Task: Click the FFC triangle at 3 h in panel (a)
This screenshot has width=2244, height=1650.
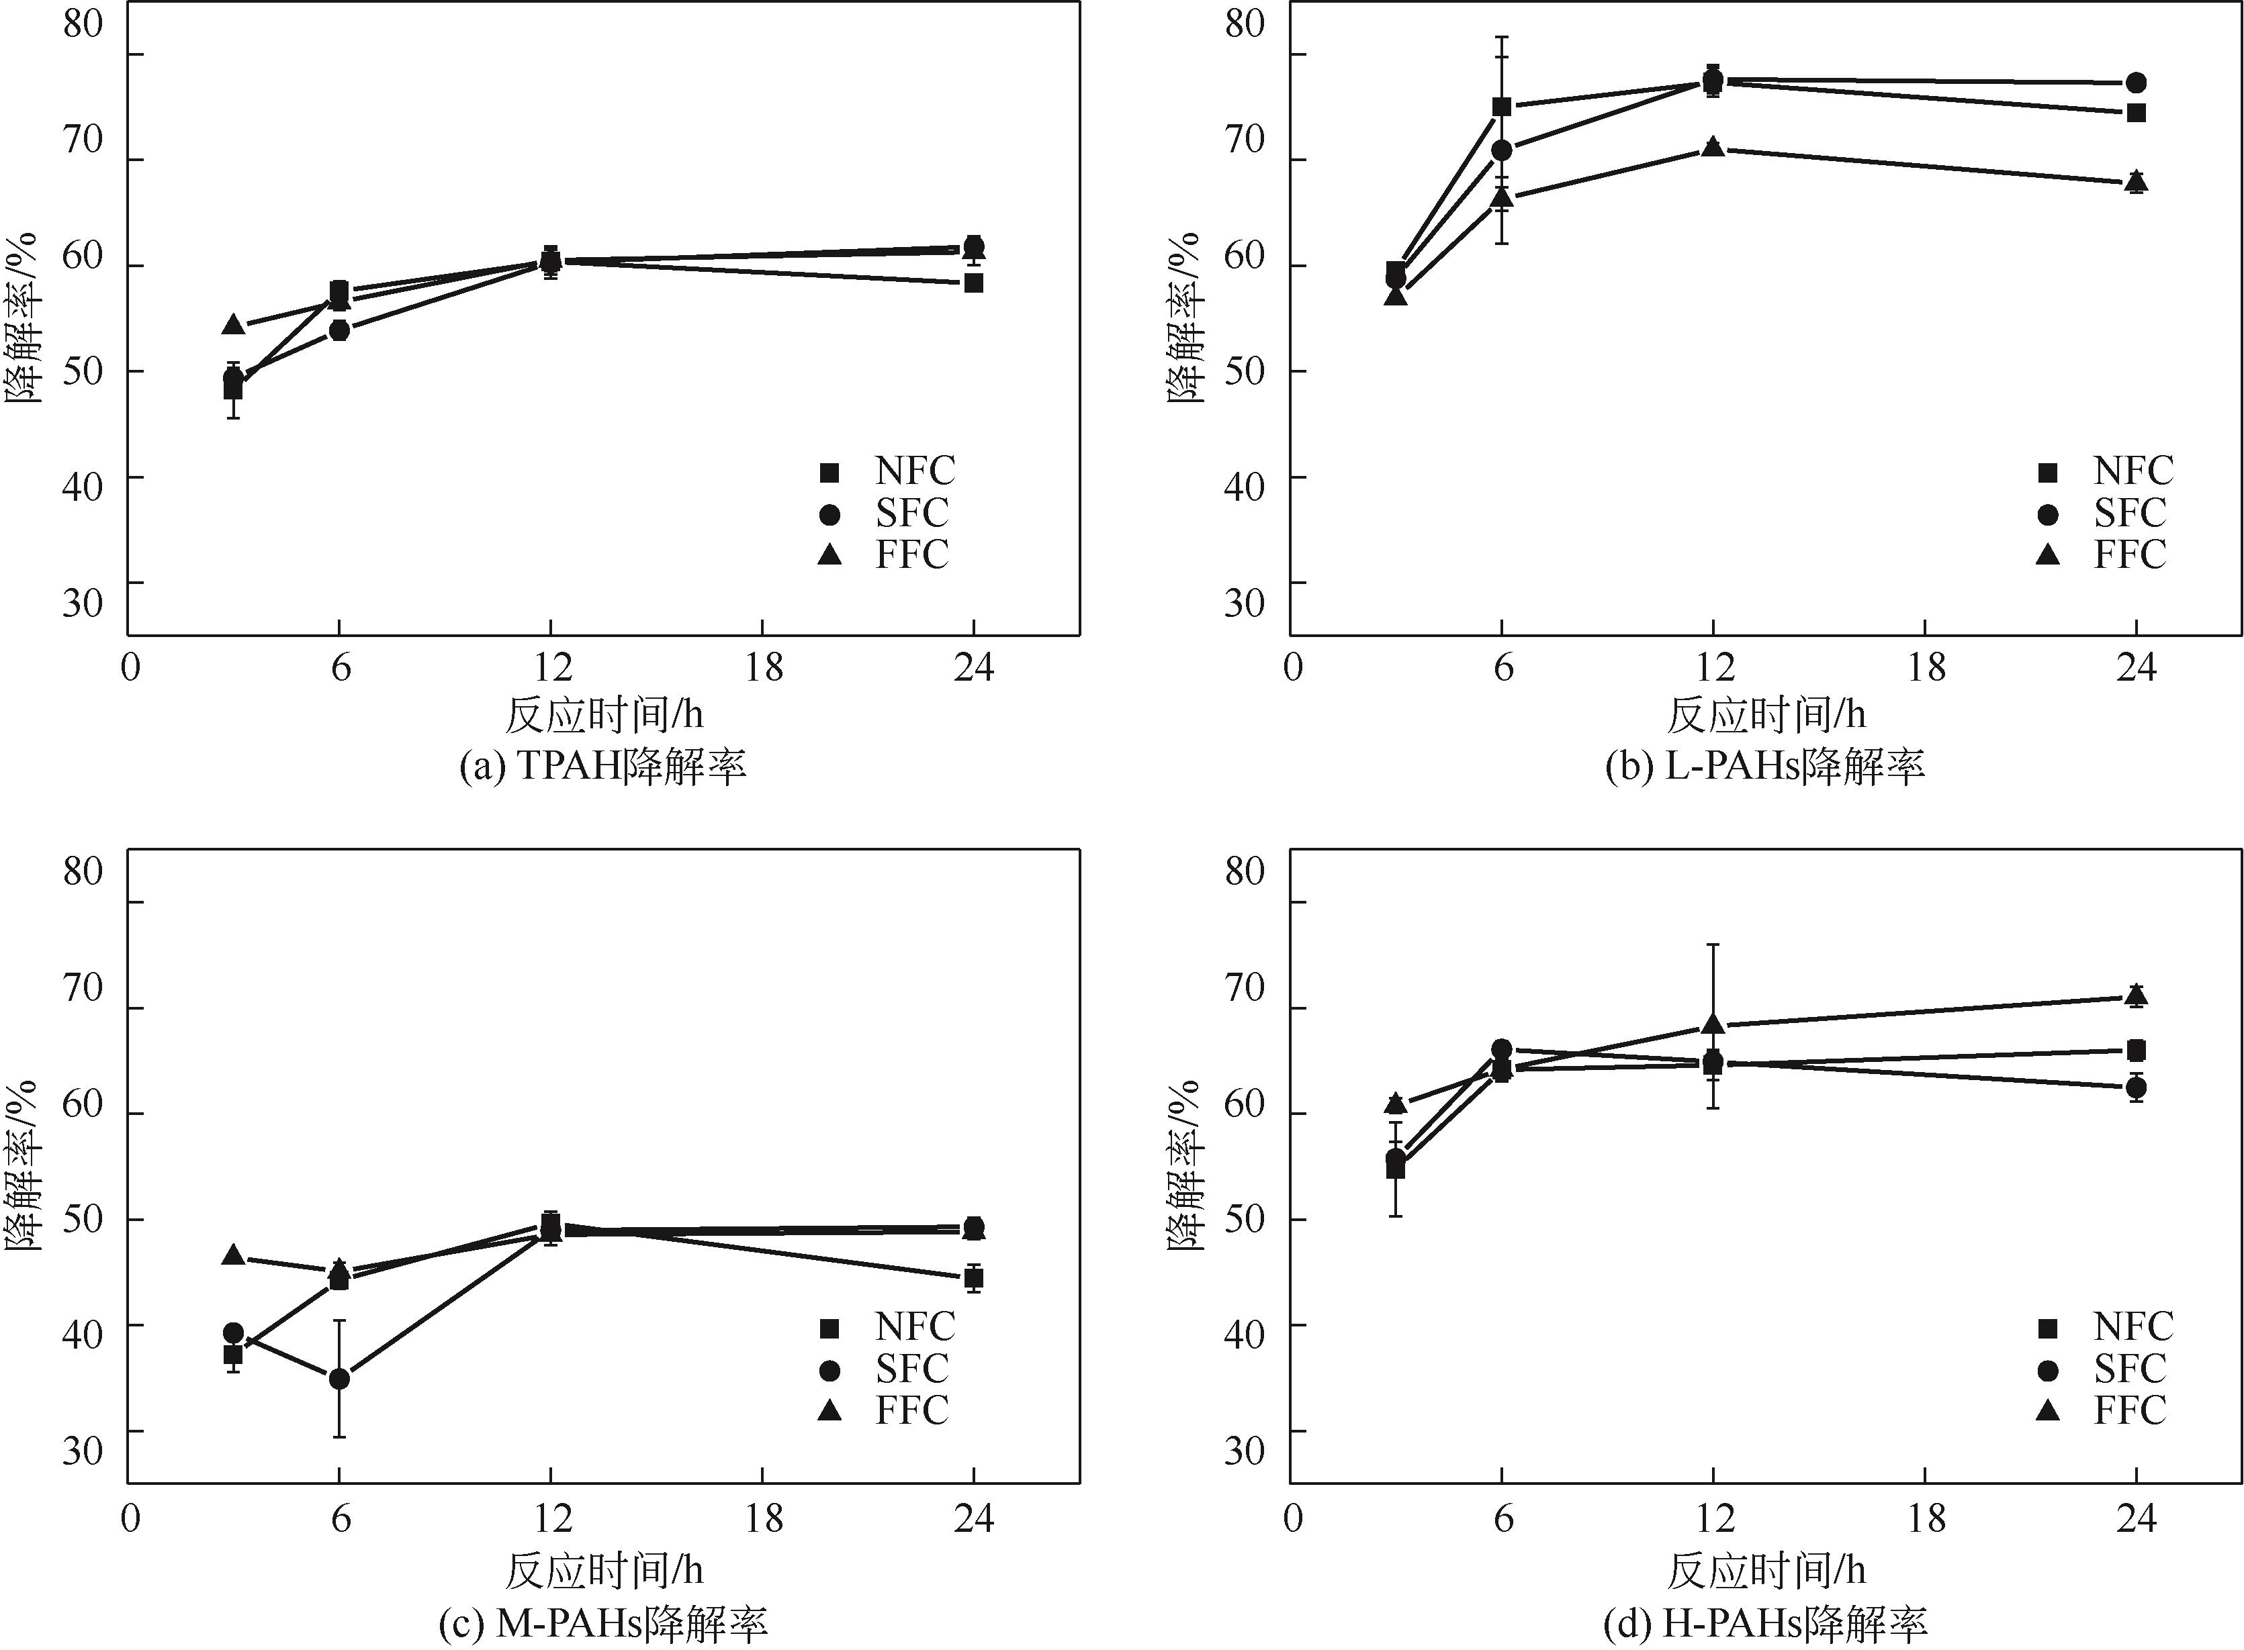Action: tap(233, 325)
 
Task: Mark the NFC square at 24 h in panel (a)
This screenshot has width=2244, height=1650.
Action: tap(973, 283)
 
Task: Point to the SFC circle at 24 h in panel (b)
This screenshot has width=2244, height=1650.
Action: tap(2136, 83)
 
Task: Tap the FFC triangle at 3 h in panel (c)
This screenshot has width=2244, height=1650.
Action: tap(233, 1255)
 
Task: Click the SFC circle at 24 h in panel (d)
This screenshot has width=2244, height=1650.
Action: tap(2136, 1087)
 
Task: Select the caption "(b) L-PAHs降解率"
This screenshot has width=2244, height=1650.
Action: tap(1764, 767)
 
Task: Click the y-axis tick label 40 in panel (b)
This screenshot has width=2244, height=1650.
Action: tap(1244, 487)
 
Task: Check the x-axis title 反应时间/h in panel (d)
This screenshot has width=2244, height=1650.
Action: tap(1765, 1571)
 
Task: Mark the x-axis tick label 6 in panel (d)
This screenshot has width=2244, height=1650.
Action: tap(1502, 1519)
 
